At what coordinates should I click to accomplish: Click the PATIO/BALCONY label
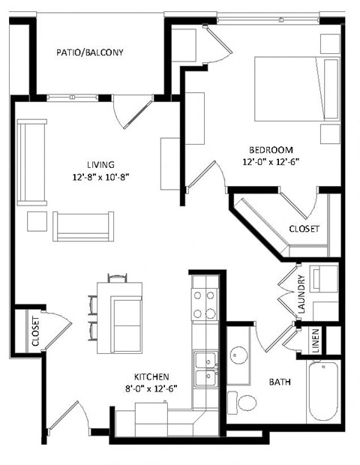coord(89,52)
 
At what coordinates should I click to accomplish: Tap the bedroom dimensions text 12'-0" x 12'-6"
coord(267,161)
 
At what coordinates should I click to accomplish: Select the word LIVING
coord(100,165)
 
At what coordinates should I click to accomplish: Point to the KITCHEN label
coord(151,376)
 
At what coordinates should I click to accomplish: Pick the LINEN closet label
coord(316,341)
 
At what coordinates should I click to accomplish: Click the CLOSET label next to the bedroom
coord(304,228)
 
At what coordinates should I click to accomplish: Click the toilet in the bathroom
coord(243,400)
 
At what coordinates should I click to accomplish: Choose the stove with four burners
coord(203,304)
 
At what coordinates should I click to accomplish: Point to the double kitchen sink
coord(203,369)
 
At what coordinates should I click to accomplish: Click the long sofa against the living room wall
coord(31,161)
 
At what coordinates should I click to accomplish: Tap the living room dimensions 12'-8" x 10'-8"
coord(100,178)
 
